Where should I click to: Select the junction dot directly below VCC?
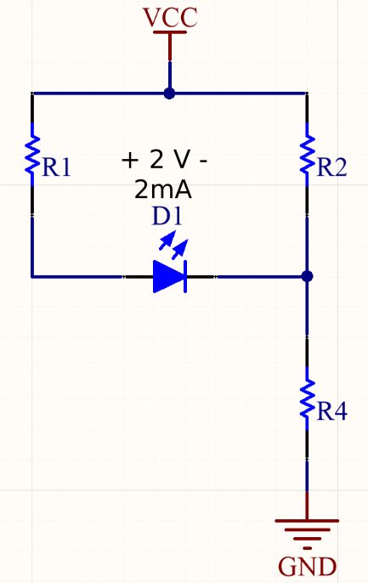[x=170, y=93]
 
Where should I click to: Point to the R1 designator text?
[x=57, y=168]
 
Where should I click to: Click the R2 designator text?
[x=332, y=168]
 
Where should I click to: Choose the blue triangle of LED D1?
[x=167, y=276]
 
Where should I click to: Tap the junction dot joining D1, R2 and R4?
[x=308, y=276]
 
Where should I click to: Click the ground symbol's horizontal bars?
[x=308, y=529]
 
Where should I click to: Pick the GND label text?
[x=308, y=565]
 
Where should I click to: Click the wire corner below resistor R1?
[x=32, y=276]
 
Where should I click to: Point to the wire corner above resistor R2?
[x=308, y=93]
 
